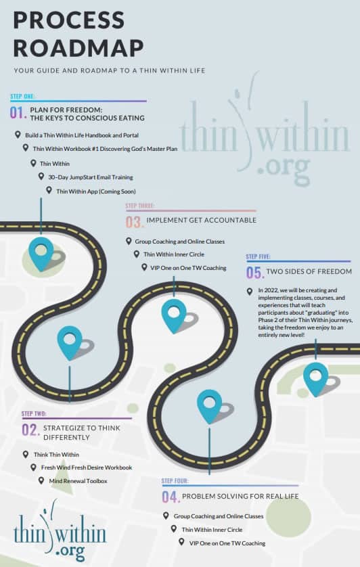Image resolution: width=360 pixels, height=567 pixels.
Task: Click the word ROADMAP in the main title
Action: coord(78,48)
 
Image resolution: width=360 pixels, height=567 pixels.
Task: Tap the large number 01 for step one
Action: coord(18,113)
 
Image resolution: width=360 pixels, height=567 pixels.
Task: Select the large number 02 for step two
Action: coord(30,430)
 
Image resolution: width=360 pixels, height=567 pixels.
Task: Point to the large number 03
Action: coord(134,222)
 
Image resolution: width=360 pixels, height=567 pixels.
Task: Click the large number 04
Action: coord(171,497)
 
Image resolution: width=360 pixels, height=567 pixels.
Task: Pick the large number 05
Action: coord(255,273)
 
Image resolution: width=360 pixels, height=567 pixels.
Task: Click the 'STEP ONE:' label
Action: coord(22,96)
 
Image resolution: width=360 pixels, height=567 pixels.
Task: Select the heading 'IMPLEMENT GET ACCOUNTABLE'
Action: coord(201,220)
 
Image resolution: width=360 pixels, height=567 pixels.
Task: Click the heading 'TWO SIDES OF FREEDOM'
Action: coord(309,271)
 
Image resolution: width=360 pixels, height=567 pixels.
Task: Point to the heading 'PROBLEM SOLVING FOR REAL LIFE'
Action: coord(240,496)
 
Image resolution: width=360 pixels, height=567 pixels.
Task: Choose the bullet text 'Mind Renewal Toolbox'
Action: coord(78,481)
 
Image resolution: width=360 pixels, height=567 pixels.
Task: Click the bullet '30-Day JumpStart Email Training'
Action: coord(91,177)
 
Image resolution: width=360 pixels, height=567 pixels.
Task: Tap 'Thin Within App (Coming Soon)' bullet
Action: coord(96,191)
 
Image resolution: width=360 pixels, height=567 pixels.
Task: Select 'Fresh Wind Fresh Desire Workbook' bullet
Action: coord(87,468)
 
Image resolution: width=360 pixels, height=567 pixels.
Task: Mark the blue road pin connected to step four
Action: coord(210,405)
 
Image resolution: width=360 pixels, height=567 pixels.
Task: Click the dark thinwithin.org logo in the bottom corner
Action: coord(60,530)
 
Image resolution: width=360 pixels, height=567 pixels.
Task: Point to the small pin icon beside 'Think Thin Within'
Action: coord(25,454)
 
